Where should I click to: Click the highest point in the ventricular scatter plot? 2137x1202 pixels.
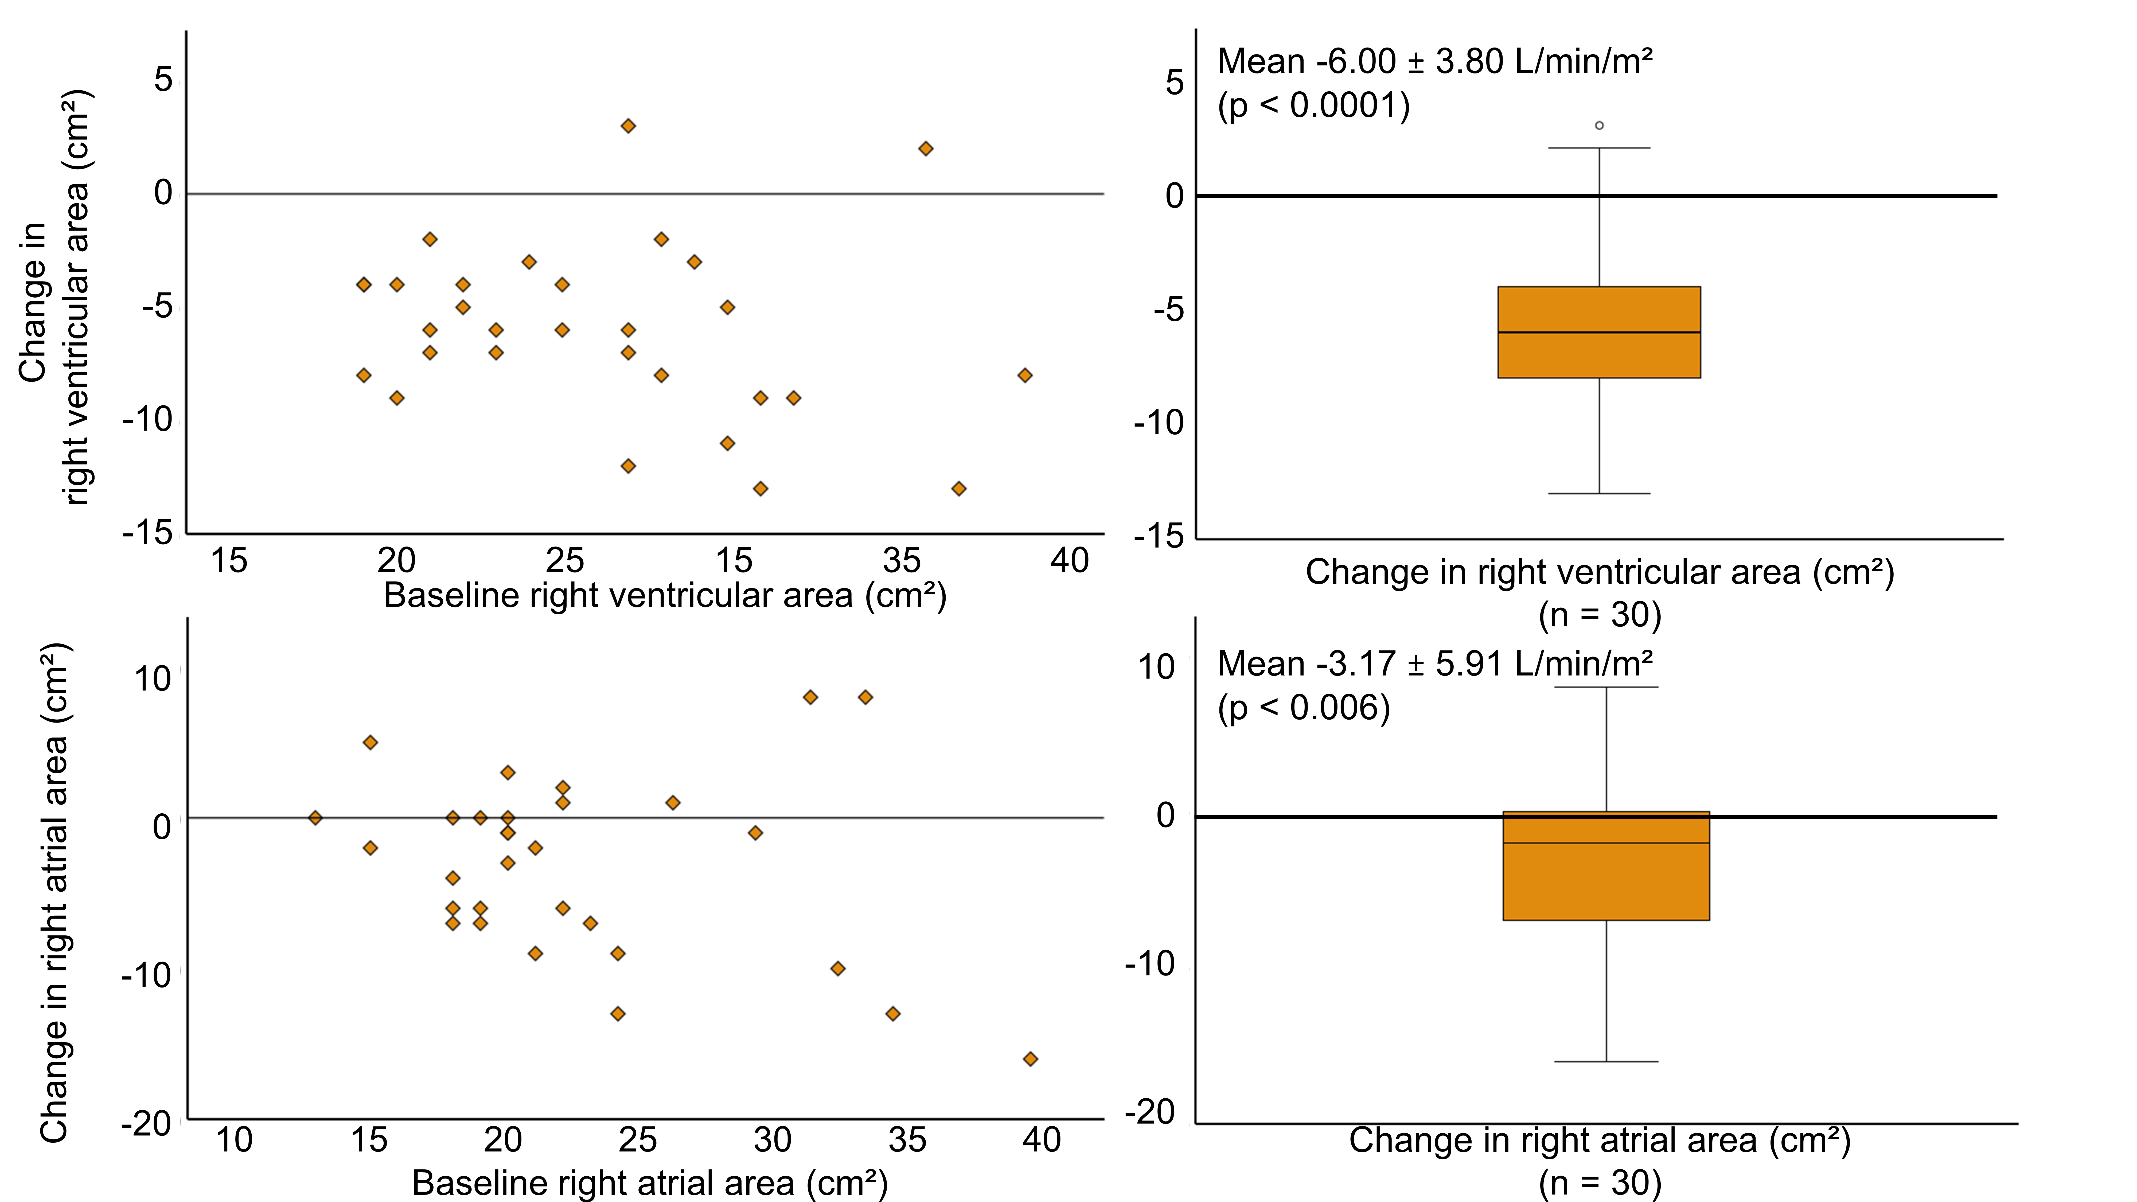(628, 126)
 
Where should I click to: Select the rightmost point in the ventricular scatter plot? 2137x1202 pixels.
(1024, 375)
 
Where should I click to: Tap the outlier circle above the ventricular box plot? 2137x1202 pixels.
(1598, 125)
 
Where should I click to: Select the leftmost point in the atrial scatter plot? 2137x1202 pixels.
(315, 818)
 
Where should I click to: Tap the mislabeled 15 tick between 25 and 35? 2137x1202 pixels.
(733, 561)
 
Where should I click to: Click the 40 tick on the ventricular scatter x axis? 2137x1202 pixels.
(1069, 561)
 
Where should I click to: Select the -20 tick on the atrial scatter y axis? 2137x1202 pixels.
(146, 1125)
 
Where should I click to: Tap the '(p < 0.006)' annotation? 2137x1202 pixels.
(1303, 708)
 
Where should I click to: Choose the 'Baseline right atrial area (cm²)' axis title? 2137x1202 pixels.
(650, 1182)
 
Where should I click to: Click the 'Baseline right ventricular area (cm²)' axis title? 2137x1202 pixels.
(665, 596)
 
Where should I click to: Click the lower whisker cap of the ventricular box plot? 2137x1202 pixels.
(1598, 494)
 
